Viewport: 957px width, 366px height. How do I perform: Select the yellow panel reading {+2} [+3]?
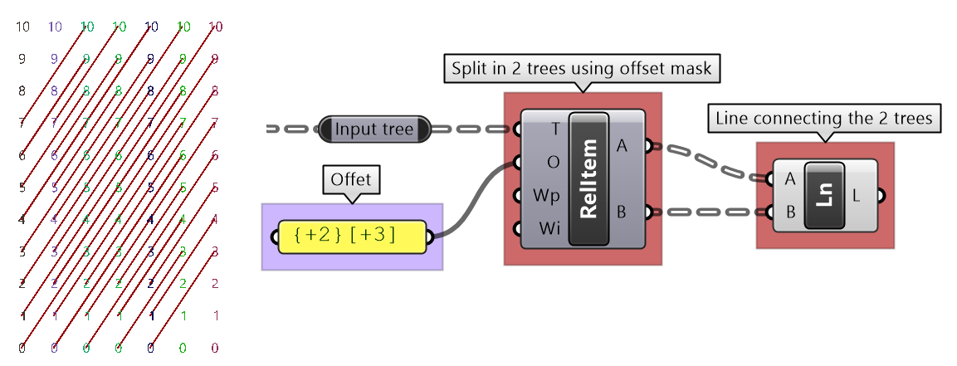pyautogui.click(x=353, y=237)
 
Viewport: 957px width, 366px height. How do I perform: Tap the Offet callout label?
pyautogui.click(x=351, y=179)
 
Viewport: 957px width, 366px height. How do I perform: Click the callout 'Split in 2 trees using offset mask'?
pyautogui.click(x=581, y=68)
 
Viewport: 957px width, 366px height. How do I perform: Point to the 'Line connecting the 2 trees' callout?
pyautogui.click(x=824, y=119)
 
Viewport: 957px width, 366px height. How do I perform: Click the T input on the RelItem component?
pyautogui.click(x=554, y=129)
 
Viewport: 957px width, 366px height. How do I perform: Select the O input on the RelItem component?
pyautogui.click(x=554, y=162)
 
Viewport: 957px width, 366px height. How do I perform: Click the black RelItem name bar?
pyautogui.click(x=589, y=178)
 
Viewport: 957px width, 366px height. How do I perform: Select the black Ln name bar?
pyautogui.click(x=824, y=195)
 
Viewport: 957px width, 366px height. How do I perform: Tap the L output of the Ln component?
pyautogui.click(x=857, y=195)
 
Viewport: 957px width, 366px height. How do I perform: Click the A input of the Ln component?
pyautogui.click(x=789, y=178)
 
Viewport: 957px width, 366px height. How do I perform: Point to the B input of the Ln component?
pyautogui.click(x=789, y=212)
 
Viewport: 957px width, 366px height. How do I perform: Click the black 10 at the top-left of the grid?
pyautogui.click(x=22, y=27)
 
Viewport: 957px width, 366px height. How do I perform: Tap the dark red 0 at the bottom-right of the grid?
pyautogui.click(x=215, y=348)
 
